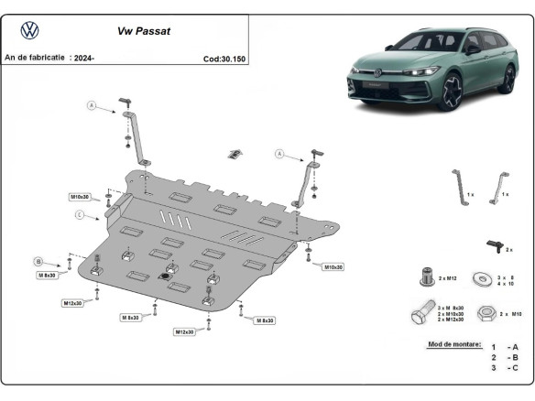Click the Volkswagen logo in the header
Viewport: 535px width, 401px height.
(x=30, y=31)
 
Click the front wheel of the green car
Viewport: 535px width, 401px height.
(x=452, y=92)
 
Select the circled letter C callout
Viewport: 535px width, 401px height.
(x=79, y=214)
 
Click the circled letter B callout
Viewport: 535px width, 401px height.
(x=38, y=261)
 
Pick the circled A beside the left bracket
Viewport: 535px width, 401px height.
(x=92, y=105)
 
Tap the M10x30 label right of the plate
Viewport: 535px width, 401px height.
(x=332, y=266)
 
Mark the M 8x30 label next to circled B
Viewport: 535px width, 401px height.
(x=47, y=275)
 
